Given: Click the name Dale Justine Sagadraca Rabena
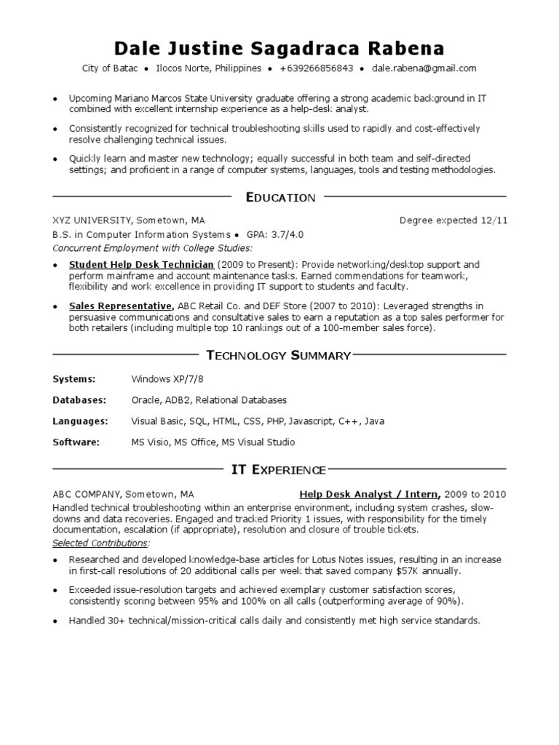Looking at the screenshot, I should (279, 49).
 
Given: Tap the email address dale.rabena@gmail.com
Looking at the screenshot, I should (424, 69).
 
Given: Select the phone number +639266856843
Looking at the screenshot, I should (317, 69).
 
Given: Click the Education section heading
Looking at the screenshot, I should (280, 197).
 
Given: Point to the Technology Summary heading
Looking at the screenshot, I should (279, 355).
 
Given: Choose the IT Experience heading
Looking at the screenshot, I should (279, 470).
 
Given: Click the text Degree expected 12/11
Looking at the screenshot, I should (453, 220).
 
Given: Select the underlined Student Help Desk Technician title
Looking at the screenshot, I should (141, 265).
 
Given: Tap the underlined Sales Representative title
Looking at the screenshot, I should (121, 306).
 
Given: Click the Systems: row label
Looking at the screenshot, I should (74, 379).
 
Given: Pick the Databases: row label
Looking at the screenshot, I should (79, 400).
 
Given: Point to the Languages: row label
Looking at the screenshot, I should (80, 421).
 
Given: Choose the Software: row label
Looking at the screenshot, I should (76, 442).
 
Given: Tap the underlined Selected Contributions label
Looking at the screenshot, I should (100, 543).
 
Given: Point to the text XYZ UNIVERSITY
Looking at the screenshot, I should (92, 220).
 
